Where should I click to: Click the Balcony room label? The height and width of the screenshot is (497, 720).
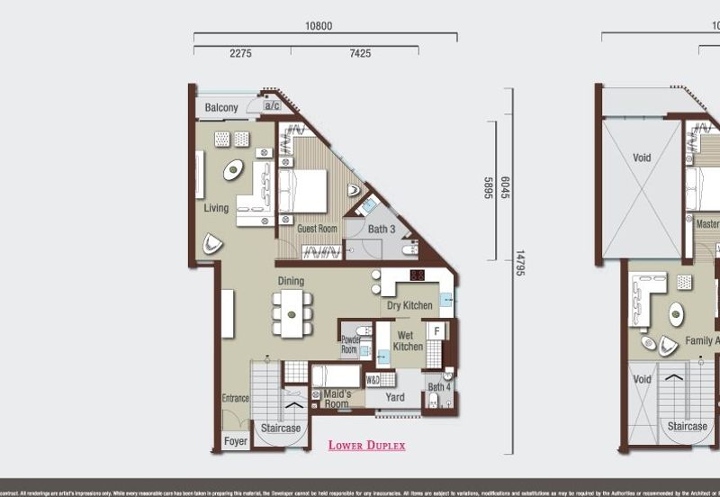click(x=221, y=108)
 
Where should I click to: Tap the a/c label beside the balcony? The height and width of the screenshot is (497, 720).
click(x=271, y=106)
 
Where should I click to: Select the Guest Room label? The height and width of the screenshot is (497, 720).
click(x=318, y=230)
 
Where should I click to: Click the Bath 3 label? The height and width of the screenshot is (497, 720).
click(x=382, y=230)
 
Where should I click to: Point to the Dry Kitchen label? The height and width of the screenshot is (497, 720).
click(x=409, y=306)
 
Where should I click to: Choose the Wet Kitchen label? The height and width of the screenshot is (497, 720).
click(x=408, y=340)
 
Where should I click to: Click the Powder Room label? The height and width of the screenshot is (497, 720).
click(x=349, y=345)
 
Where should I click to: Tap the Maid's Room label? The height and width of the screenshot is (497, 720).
click(x=337, y=399)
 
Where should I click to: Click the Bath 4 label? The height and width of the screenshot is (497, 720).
click(x=439, y=388)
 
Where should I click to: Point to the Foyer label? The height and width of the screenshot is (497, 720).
click(x=236, y=442)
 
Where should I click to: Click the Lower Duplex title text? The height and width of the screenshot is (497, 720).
click(x=366, y=446)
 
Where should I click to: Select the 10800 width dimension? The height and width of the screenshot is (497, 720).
click(x=319, y=26)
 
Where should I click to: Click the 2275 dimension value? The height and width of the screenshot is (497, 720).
click(x=240, y=54)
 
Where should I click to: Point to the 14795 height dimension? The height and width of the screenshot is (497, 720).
click(x=519, y=260)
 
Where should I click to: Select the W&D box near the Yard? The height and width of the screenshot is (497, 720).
click(x=373, y=380)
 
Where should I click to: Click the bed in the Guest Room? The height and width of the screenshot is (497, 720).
click(x=302, y=190)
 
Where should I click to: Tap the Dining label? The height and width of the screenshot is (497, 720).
click(x=290, y=281)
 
